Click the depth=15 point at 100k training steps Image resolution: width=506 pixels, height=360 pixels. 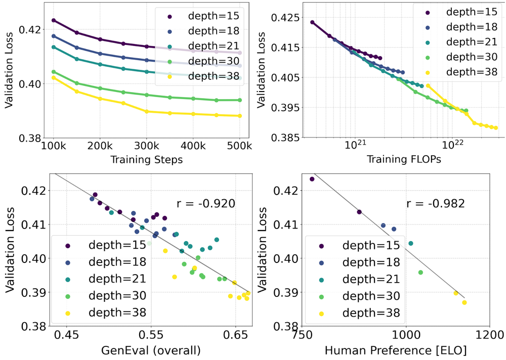coord(53,20)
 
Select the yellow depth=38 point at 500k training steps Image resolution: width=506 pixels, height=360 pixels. coord(240,116)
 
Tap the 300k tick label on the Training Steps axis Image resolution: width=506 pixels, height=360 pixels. coord(146,147)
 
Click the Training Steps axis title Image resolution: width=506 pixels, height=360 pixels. coord(146,160)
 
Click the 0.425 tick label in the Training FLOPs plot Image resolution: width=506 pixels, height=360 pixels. coord(285,18)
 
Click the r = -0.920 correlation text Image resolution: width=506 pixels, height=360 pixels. coord(205,204)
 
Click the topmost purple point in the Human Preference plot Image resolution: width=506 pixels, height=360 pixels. coord(312,179)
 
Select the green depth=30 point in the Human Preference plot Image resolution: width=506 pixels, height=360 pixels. coord(420,273)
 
